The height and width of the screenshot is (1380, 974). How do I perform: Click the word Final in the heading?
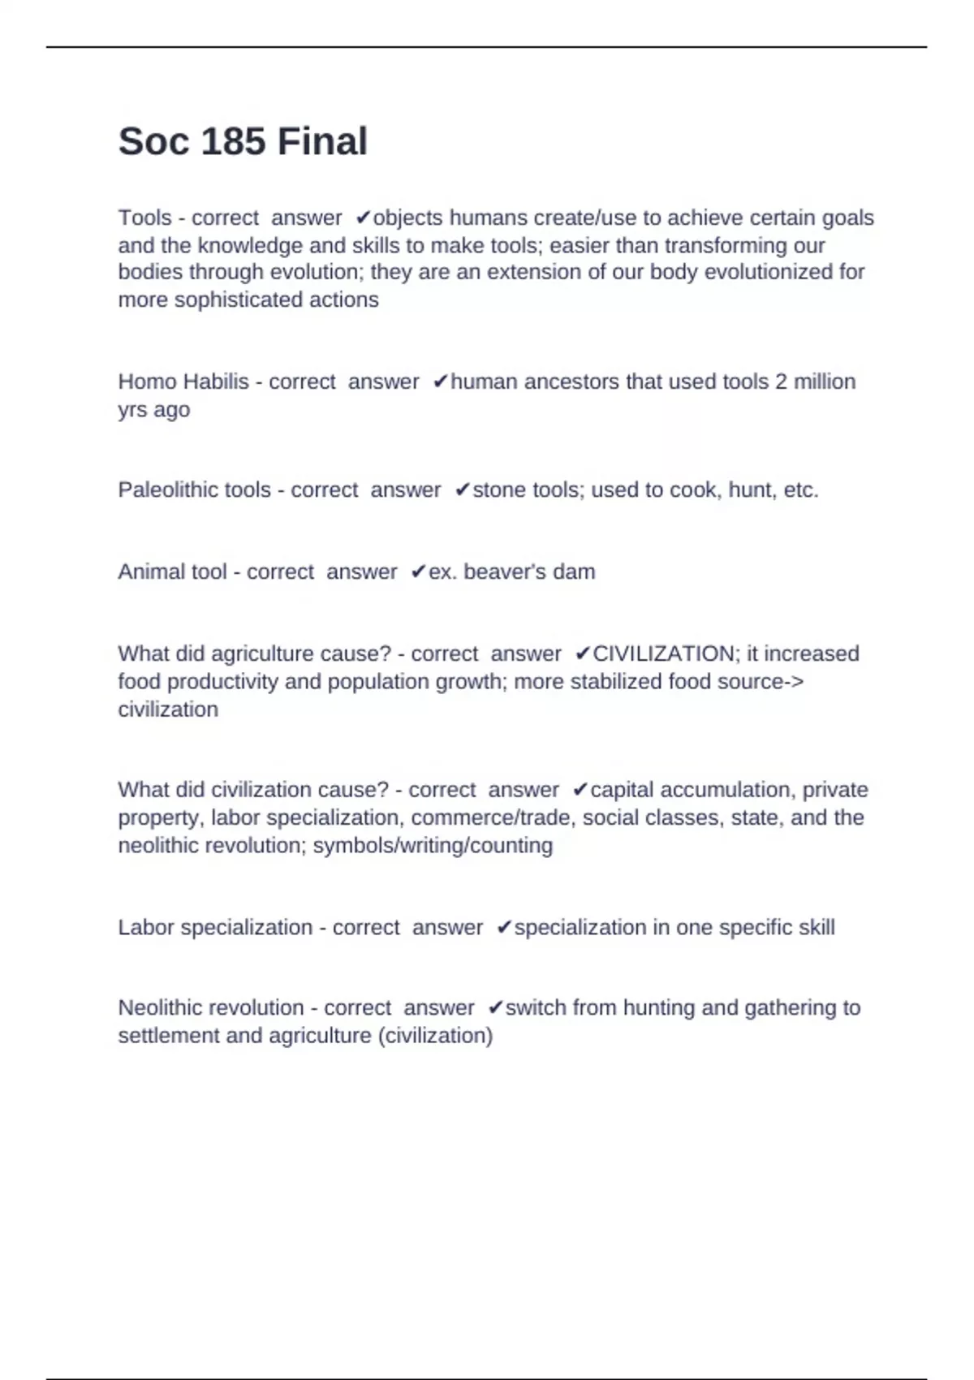pos(322,141)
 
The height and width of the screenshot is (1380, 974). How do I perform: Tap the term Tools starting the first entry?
pos(144,218)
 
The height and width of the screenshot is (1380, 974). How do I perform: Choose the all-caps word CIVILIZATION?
pos(663,654)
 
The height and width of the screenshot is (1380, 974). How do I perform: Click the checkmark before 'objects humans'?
pos(363,218)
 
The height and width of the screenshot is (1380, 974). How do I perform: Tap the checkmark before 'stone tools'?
pos(462,490)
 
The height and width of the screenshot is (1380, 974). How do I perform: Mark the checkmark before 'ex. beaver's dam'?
pos(418,572)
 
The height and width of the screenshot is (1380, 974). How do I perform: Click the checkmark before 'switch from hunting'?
pos(495,1008)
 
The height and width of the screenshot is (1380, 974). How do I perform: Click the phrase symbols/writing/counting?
pos(433,846)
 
